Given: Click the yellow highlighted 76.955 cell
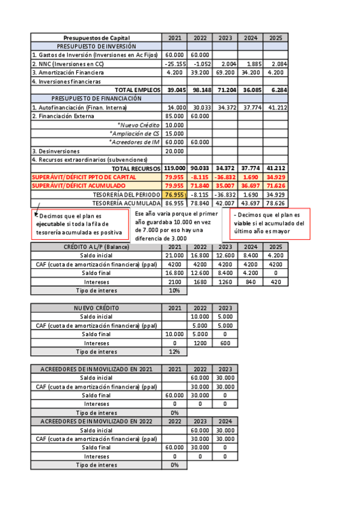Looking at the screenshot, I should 174,195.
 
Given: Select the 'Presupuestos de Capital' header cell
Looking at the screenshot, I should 96,37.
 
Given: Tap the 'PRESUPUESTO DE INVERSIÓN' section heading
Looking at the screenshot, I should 96,46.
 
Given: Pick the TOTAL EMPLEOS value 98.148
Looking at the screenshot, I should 200,90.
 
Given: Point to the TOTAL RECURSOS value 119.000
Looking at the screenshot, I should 174,168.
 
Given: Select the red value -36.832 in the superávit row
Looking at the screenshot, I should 224,177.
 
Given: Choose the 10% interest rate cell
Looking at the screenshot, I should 174,290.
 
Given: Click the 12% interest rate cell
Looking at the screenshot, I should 174,351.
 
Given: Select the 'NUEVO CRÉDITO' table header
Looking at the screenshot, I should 96,308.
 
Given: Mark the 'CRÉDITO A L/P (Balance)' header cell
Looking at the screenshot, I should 96,247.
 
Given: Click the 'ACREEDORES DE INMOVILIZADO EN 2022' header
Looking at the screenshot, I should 96,422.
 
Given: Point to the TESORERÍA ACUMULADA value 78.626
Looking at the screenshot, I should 276,203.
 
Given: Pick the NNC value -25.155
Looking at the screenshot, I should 174,64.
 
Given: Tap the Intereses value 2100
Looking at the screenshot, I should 174,281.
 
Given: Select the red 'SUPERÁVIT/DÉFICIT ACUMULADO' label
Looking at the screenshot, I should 84,186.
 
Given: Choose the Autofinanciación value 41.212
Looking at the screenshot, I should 276,107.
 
